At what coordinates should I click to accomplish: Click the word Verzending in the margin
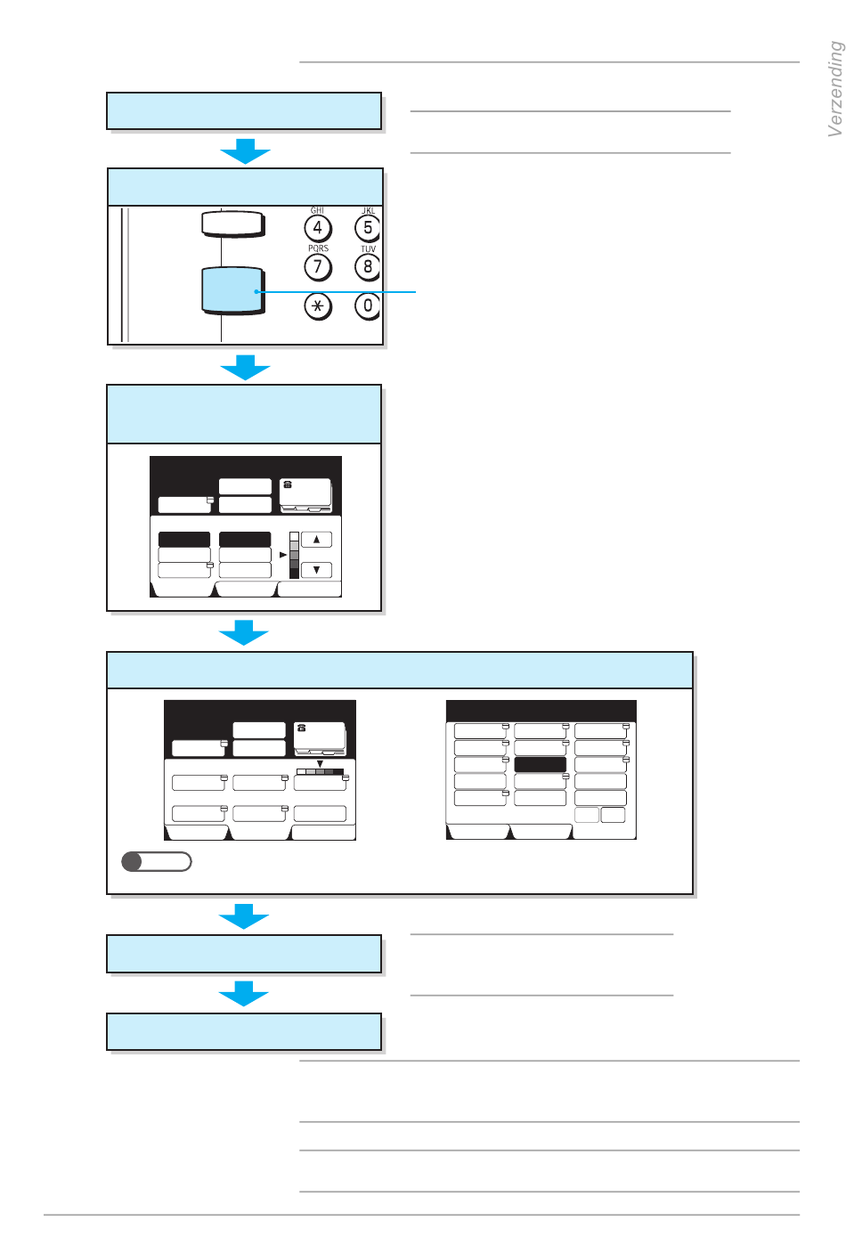[x=834, y=89]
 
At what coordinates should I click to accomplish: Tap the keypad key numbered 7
[x=318, y=266]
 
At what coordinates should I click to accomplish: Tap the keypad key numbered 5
[x=367, y=228]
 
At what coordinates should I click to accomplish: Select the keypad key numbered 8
[x=367, y=266]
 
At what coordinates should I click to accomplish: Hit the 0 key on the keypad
[x=367, y=305]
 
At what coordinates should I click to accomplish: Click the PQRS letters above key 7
[x=318, y=248]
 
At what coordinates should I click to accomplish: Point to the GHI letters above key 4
[x=317, y=210]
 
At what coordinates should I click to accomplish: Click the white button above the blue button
[x=232, y=224]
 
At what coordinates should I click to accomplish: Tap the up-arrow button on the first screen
[x=316, y=539]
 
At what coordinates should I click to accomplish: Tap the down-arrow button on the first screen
[x=316, y=570]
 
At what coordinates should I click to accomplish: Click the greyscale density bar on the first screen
[x=295, y=555]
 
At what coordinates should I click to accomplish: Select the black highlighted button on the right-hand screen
[x=540, y=765]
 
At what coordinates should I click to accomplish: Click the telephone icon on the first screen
[x=288, y=485]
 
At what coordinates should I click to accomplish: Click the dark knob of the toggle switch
[x=132, y=861]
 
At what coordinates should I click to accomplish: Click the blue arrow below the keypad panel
[x=245, y=367]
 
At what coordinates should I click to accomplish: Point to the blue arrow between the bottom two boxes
[x=243, y=993]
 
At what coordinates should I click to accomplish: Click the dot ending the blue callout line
[x=256, y=291]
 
